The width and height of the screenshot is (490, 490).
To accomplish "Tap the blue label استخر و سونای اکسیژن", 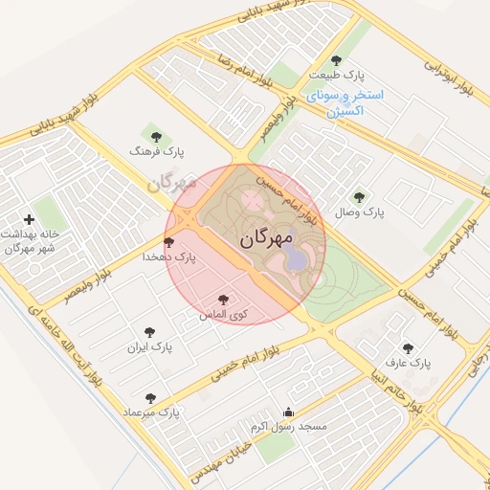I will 345,103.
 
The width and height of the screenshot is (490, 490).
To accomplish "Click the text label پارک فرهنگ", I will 158,152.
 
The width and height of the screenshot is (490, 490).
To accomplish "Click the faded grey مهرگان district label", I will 172,182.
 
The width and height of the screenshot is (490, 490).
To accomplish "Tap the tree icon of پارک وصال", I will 359,196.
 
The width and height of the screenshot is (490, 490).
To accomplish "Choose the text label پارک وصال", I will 359,212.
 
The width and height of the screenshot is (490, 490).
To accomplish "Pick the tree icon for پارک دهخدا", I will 169,242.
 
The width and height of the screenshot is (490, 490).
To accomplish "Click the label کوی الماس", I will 224,314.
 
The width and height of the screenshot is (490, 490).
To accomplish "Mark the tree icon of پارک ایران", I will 151,332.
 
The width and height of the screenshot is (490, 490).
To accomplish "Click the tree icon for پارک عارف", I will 409,348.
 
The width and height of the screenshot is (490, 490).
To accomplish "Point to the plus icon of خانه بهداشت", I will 29,219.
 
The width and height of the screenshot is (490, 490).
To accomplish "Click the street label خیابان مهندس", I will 220,457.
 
